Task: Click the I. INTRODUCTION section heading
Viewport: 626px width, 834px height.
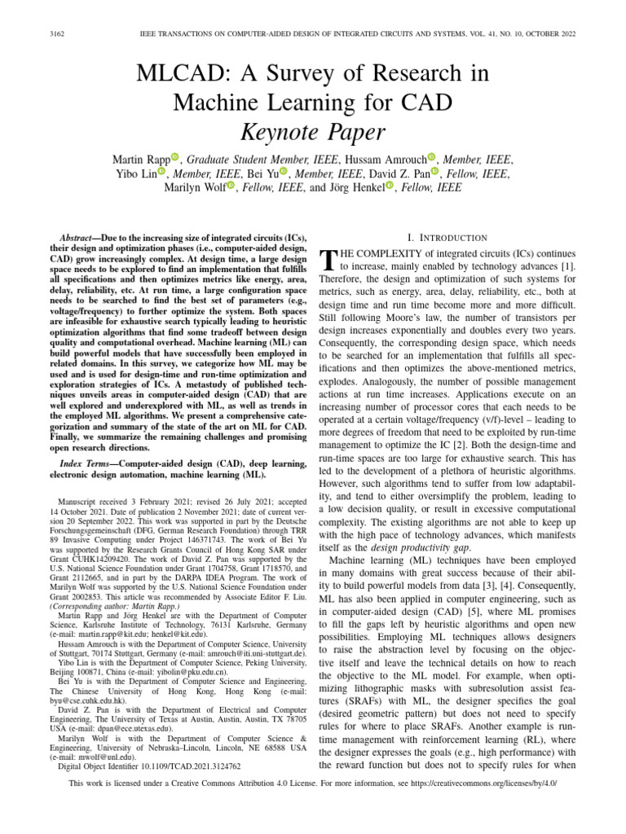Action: click(x=440, y=238)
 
